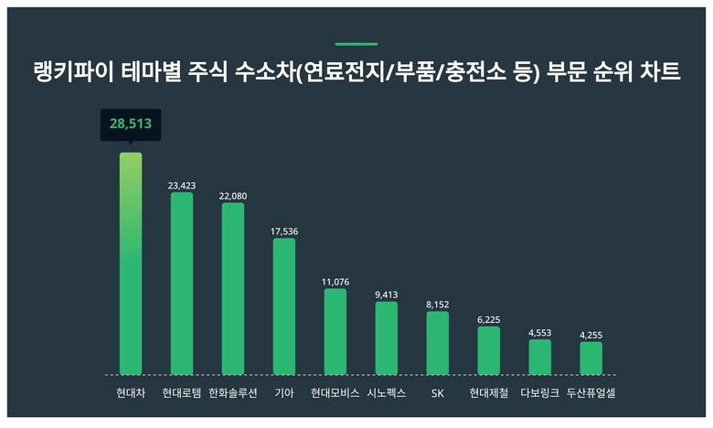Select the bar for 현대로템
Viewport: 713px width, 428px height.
click(182, 284)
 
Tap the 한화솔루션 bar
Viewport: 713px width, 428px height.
click(233, 289)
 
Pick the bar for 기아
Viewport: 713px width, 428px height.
click(284, 306)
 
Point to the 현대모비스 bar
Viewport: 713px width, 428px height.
click(335, 331)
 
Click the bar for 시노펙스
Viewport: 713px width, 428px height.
click(387, 337)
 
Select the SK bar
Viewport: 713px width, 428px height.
click(438, 343)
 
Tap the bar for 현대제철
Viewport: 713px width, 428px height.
click(489, 350)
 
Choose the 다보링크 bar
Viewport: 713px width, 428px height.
click(540, 357)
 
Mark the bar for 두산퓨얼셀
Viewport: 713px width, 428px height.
click(591, 358)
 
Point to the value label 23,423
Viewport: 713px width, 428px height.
click(182, 185)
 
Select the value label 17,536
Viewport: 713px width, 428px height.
click(284, 231)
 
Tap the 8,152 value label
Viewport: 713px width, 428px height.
click(438, 305)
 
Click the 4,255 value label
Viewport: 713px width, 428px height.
click(591, 336)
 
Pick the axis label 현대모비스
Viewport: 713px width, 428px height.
click(335, 393)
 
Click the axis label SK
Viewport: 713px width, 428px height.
click(438, 393)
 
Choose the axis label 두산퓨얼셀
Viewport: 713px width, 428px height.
click(591, 393)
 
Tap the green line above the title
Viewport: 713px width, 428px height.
click(356, 44)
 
